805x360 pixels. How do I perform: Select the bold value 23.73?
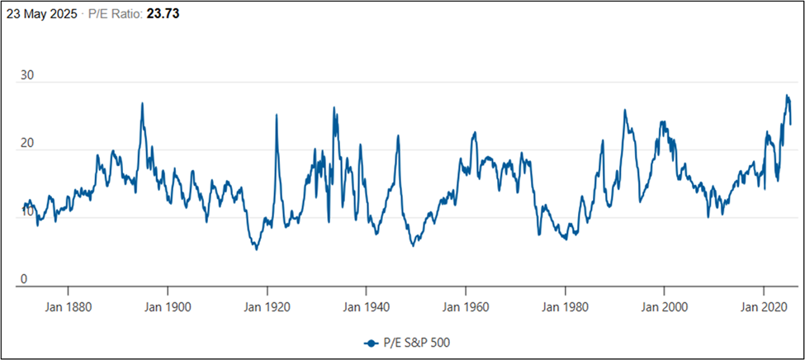(x=163, y=14)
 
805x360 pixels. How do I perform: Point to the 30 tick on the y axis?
(x=27, y=75)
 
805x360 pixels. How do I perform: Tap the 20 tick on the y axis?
(x=27, y=143)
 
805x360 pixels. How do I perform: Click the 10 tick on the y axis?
(x=27, y=211)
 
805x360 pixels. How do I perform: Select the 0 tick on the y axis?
(x=24, y=279)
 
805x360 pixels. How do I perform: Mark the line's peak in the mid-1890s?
(x=142, y=104)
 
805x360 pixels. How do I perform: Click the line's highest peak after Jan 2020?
(x=786, y=96)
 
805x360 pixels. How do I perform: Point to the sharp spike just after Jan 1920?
(x=277, y=116)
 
